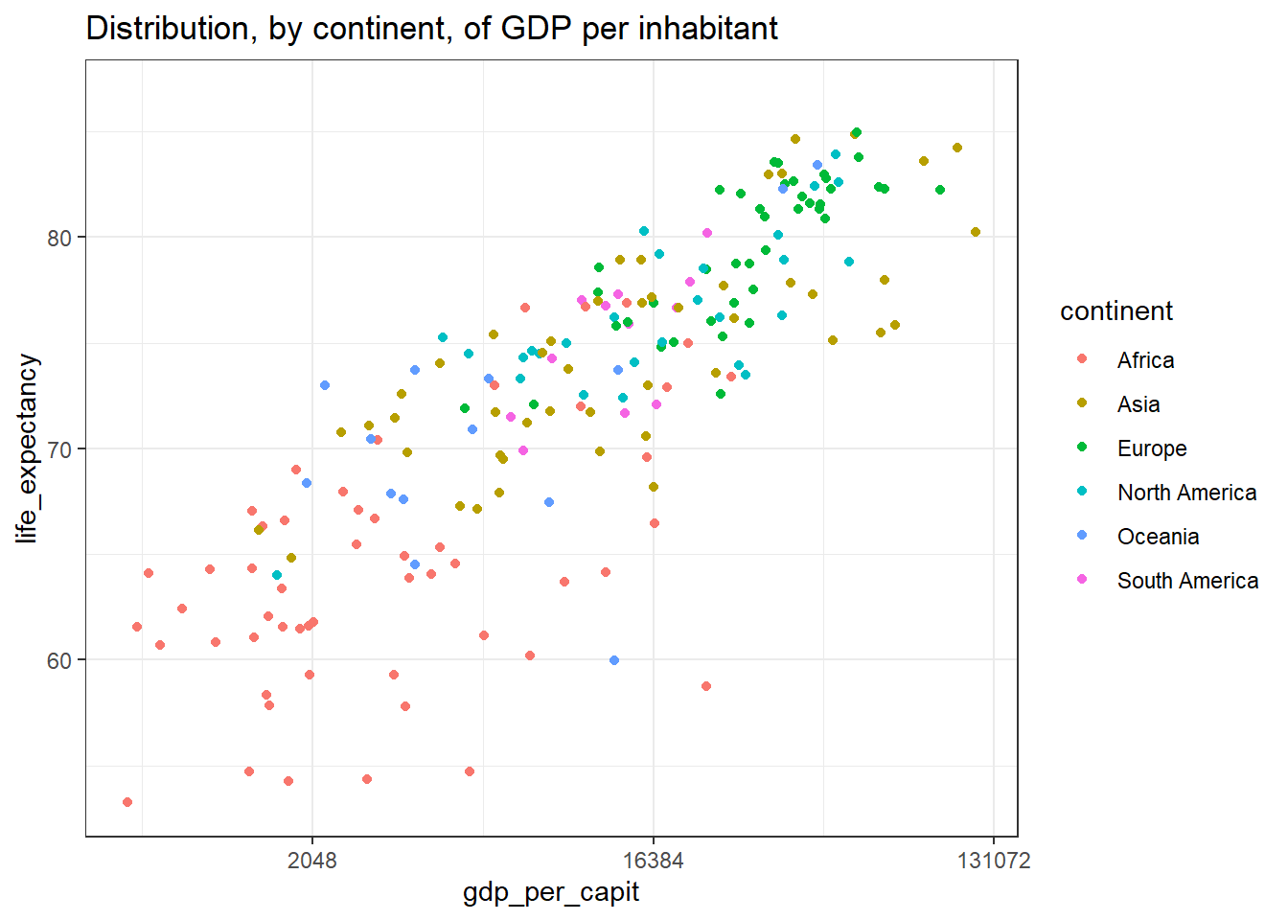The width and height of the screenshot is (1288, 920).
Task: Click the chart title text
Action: point(431,29)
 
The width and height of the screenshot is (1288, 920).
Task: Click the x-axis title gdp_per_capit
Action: point(550,892)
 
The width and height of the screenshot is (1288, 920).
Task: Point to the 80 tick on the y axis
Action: point(59,238)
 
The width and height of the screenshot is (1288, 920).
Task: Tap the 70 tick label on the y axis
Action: point(59,449)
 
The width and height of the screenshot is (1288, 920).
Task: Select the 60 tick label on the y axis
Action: point(59,661)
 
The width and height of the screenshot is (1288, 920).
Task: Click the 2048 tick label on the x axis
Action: point(312,861)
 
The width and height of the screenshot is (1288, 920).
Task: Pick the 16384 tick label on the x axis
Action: point(653,861)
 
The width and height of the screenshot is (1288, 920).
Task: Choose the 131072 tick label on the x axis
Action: point(994,861)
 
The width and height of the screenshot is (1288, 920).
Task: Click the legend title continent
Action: point(1115,311)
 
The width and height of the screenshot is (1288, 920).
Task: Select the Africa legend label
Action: point(1145,360)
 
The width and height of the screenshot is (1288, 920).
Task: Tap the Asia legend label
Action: point(1138,404)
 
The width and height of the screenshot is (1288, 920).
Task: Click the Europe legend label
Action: point(1152,448)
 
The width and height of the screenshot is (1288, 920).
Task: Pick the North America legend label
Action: point(1186,493)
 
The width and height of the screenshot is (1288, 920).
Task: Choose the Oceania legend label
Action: point(1158,537)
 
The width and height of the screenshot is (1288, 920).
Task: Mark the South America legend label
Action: point(1187,581)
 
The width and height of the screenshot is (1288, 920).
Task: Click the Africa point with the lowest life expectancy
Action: point(127,802)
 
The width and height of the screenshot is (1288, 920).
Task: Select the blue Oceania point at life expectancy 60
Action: point(614,660)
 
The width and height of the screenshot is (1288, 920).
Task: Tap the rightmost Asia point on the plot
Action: point(976,232)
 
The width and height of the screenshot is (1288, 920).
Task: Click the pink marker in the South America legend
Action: point(1082,580)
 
